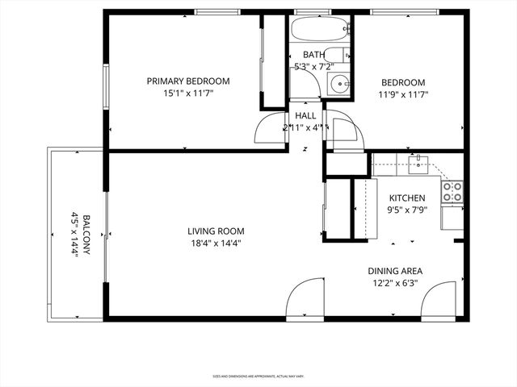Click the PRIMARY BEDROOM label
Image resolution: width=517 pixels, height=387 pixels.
pyautogui.click(x=187, y=81)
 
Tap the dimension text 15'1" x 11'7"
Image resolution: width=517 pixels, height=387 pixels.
pyautogui.click(x=187, y=94)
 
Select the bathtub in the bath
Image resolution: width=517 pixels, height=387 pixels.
pyautogui.click(x=320, y=31)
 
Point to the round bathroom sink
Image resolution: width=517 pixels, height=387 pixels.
pyautogui.click(x=342, y=81)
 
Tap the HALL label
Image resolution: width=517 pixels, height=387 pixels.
pyautogui.click(x=305, y=116)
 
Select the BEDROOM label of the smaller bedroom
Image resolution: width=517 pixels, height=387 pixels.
pyautogui.click(x=402, y=82)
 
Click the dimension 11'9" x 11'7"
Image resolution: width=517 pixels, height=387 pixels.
pyautogui.click(x=402, y=94)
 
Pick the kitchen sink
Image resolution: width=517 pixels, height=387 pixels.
pyautogui.click(x=418, y=165)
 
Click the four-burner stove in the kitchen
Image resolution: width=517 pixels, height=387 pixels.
pyautogui.click(x=452, y=191)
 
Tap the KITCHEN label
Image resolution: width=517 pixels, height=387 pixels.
pyautogui.click(x=408, y=198)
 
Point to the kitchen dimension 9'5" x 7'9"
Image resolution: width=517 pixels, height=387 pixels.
pyautogui.click(x=408, y=211)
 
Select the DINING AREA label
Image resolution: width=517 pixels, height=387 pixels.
pyautogui.click(x=396, y=271)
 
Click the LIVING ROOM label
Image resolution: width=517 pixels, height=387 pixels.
pyautogui.click(x=210, y=231)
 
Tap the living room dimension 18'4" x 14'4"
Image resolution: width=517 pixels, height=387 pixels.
pyautogui.click(x=210, y=243)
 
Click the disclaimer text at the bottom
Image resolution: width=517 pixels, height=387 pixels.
pyautogui.click(x=258, y=376)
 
